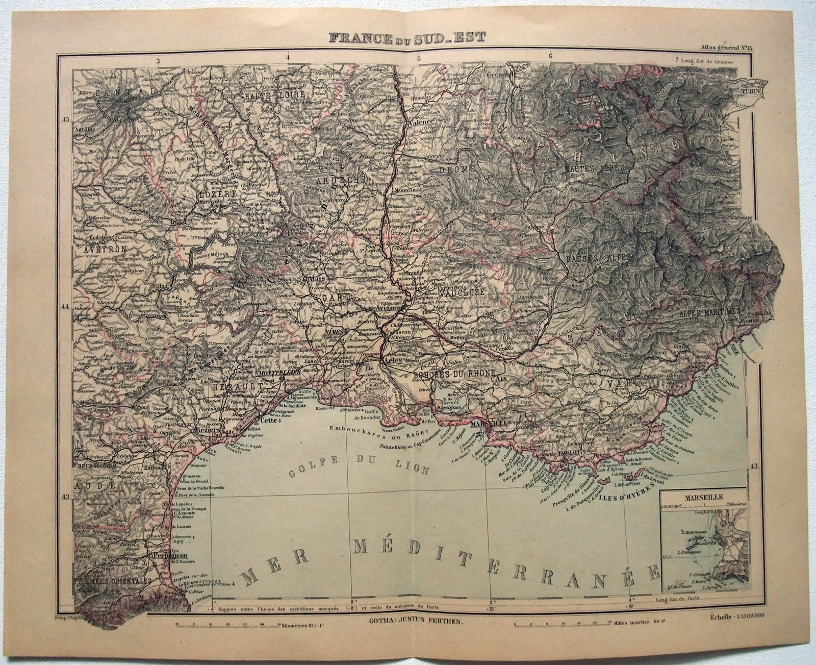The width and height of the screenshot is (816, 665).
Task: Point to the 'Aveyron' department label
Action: click(x=103, y=249)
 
